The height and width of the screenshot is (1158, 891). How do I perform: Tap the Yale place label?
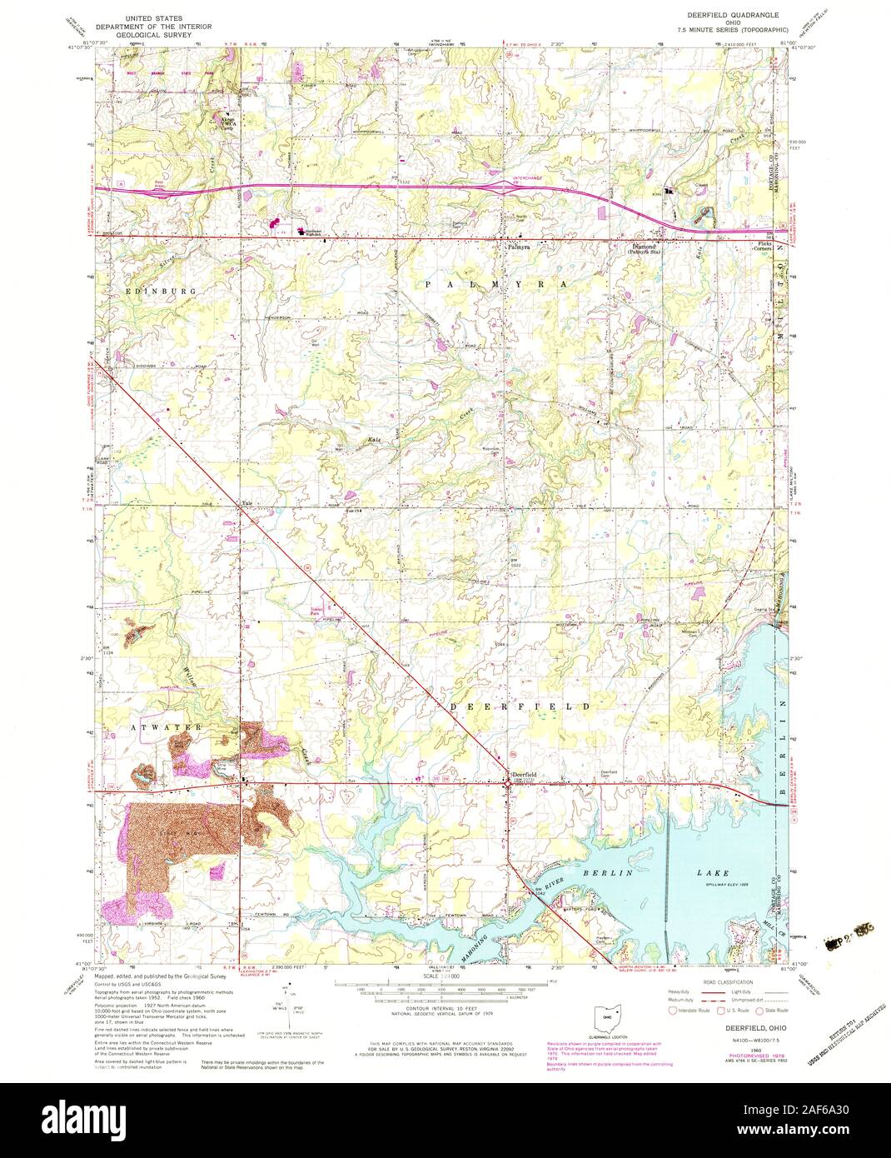[x=246, y=503]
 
